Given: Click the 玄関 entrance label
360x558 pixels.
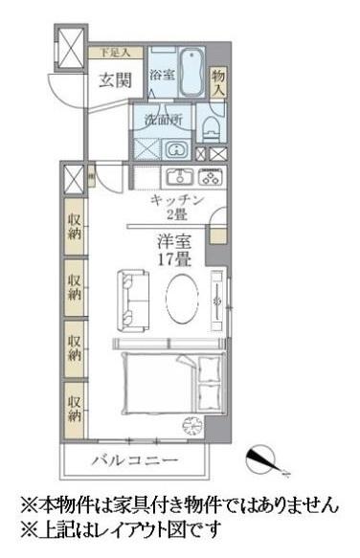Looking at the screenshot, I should tap(113, 80).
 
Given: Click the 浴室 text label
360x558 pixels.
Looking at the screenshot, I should tap(160, 75).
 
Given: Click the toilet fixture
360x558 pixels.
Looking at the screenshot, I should tap(213, 127).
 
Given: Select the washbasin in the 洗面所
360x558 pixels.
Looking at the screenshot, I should tap(177, 149).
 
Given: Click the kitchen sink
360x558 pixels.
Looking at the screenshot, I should tap(180, 177).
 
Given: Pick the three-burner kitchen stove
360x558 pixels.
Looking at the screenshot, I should tap(211, 177).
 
